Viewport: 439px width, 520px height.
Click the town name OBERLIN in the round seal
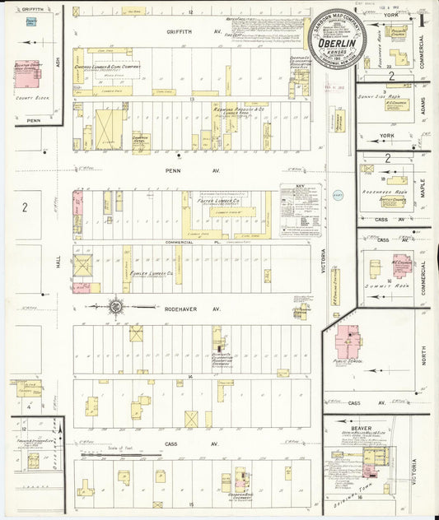[x=337, y=46]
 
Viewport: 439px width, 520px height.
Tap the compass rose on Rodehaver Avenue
[x=116, y=307]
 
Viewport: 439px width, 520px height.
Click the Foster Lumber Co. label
[x=217, y=199]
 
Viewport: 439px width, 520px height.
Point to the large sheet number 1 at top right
[x=423, y=16]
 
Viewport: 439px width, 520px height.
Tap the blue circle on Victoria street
[x=336, y=195]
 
